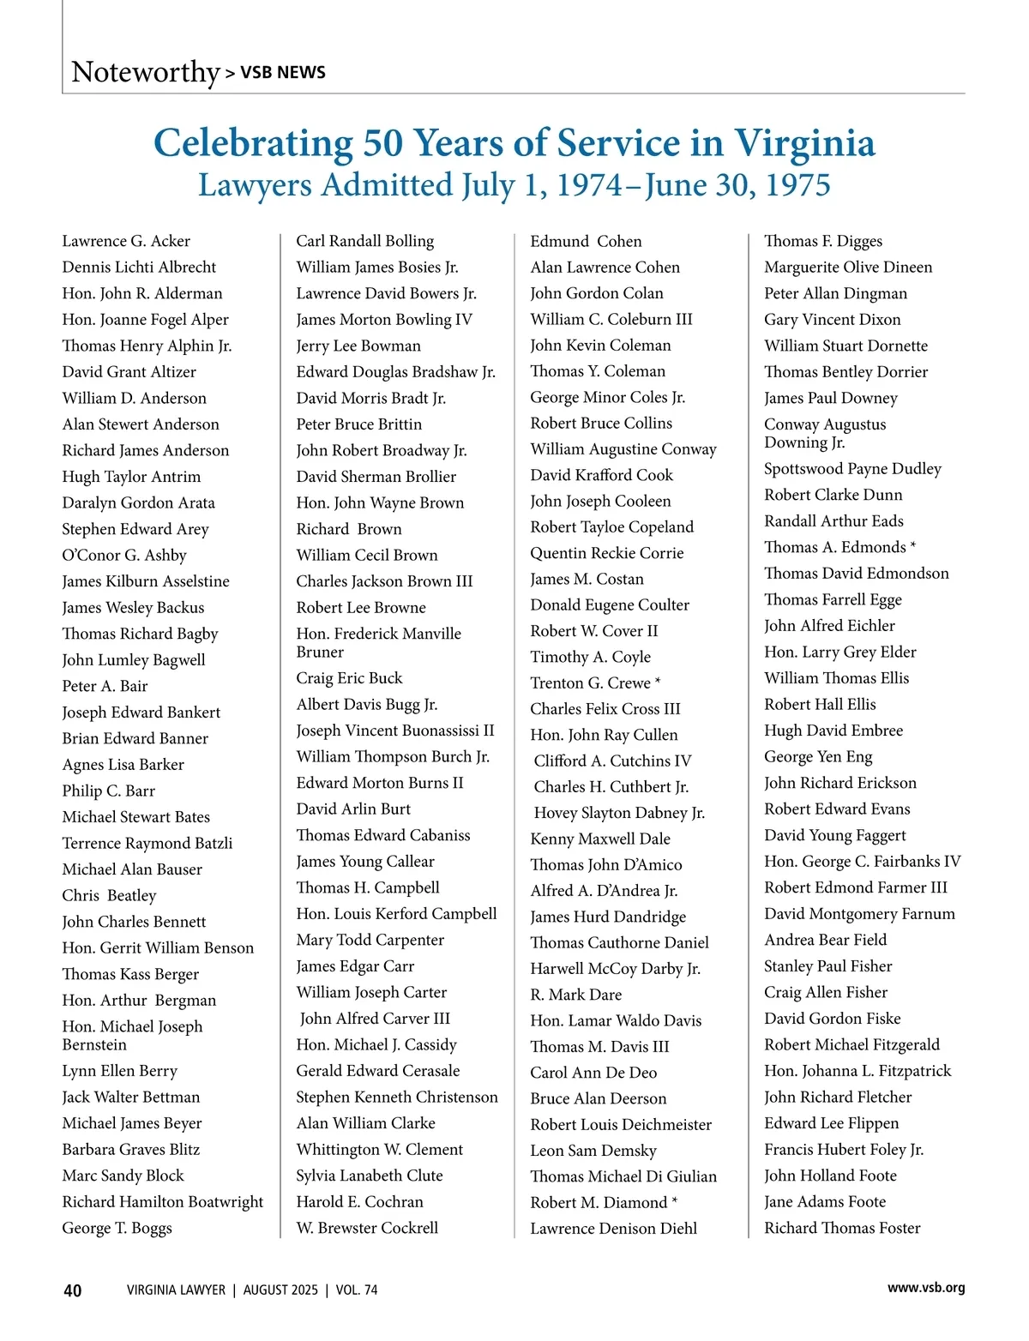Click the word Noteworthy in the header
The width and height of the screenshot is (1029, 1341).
pyautogui.click(x=146, y=72)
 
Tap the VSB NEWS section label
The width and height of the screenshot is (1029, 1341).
pyautogui.click(x=282, y=73)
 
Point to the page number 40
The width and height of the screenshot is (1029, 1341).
pyautogui.click(x=73, y=1290)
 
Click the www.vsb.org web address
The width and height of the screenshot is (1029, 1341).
pyautogui.click(x=926, y=1287)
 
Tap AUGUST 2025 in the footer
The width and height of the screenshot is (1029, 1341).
pyautogui.click(x=280, y=1290)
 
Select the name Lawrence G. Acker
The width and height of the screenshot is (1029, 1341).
pyautogui.click(x=126, y=241)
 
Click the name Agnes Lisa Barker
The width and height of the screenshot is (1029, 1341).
pyautogui.click(x=123, y=765)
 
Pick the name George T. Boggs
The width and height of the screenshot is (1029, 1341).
pyautogui.click(x=117, y=1228)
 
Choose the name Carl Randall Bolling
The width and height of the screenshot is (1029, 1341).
pyautogui.click(x=365, y=241)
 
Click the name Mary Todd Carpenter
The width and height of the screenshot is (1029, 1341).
pyautogui.click(x=370, y=940)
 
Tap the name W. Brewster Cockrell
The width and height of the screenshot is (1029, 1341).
pyautogui.click(x=367, y=1228)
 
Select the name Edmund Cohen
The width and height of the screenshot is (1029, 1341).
pyautogui.click(x=586, y=242)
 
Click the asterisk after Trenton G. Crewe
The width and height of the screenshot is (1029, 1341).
pyautogui.click(x=658, y=682)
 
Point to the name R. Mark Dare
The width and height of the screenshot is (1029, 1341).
pyautogui.click(x=576, y=995)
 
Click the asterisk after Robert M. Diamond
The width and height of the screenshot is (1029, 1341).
pyautogui.click(x=675, y=1201)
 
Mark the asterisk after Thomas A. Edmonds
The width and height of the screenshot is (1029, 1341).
pyautogui.click(x=913, y=546)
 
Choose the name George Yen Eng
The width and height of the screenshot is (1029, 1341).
pyautogui.click(x=818, y=757)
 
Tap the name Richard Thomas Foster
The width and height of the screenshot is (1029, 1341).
pyautogui.click(x=842, y=1228)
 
